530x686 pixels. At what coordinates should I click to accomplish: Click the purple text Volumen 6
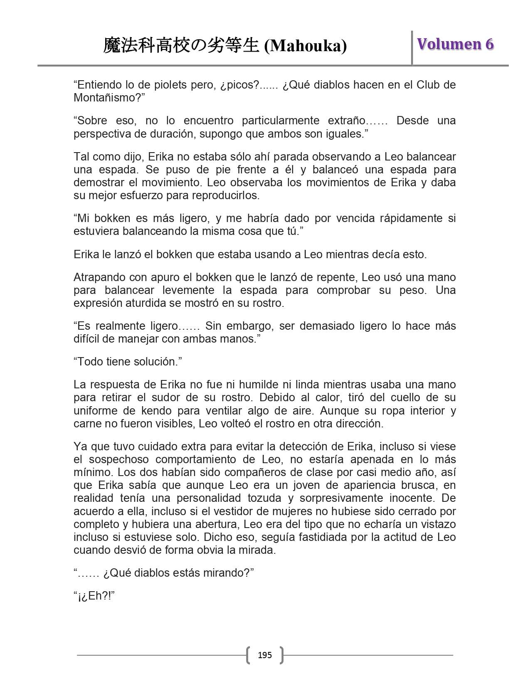pos(455,44)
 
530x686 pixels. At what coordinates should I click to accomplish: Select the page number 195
pos(265,655)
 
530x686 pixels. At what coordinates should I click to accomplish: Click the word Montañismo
pos(106,98)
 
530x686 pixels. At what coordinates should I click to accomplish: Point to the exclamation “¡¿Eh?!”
pos(94,596)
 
